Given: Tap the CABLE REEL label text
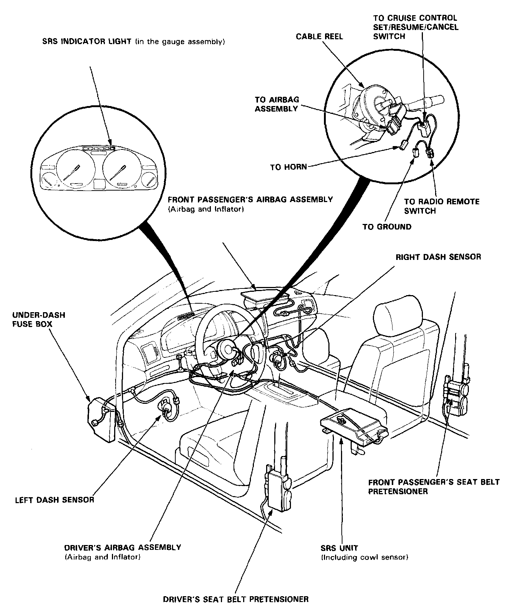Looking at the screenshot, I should pos(319,36).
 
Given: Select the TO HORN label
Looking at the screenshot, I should pos(288,167).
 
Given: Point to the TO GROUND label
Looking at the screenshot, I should pos(387,227).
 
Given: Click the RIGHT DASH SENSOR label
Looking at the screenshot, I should pos(438,257).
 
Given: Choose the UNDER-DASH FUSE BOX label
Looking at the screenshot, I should pos(39,320).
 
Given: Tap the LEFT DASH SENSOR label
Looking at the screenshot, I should pos(54,500).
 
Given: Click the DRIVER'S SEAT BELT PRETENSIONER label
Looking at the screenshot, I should pos(236,599).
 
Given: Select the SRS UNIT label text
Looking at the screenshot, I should pos(340,548).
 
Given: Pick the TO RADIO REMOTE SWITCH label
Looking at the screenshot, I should pos(441,206).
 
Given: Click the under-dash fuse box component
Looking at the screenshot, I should pos(101,419).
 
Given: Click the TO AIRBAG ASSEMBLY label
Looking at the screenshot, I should pos(276,104).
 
